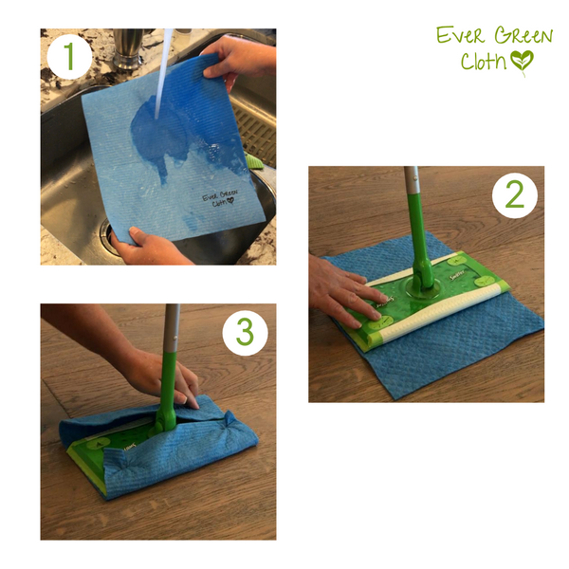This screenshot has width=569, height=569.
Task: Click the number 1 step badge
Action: click(x=68, y=58)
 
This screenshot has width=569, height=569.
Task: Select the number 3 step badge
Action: click(x=245, y=331)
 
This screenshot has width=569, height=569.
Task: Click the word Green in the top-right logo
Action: click(x=517, y=37)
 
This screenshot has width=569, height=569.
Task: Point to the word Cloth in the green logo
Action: click(x=484, y=62)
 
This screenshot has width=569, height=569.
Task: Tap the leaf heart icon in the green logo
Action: click(x=522, y=62)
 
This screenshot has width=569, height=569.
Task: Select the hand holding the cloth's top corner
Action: click(x=237, y=59)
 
